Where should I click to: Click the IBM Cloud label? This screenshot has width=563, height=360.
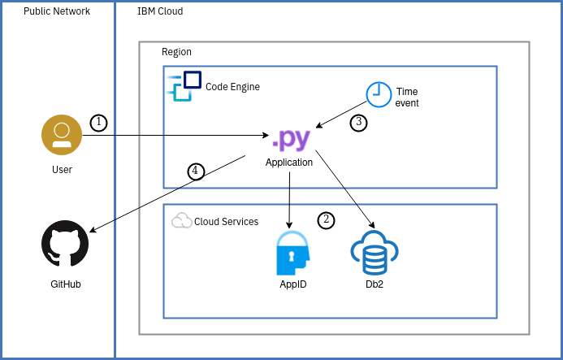160,11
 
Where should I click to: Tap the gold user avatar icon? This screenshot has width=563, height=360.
62,135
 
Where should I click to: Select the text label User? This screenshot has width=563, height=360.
62,170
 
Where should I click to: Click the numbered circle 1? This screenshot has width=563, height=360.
98,123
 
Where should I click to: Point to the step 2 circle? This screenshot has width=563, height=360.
326,220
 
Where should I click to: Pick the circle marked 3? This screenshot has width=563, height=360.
358,123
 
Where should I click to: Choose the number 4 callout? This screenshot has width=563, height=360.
196,171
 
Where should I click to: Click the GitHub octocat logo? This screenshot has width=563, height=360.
65,243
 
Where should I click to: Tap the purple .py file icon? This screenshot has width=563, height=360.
291,138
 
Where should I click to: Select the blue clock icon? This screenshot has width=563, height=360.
379,94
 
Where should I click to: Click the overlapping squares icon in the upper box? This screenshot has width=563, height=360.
184,85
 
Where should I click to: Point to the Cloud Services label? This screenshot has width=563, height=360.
226,222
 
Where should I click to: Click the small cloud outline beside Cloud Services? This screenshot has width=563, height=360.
182,220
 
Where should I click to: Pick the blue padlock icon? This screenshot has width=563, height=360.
292,252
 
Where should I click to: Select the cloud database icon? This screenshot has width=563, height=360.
374,253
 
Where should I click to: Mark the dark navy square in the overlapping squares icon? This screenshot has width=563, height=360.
193,80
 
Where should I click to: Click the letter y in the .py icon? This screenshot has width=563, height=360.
301,139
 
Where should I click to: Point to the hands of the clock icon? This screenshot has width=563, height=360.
377,93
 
